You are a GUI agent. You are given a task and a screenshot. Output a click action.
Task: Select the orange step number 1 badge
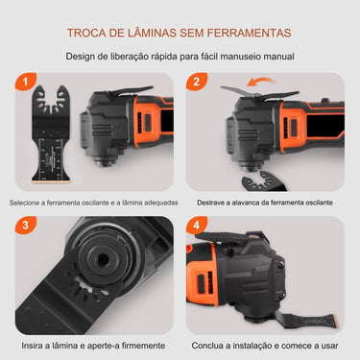(x=19, y=84)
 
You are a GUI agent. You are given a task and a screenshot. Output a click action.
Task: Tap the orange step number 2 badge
(x=197, y=84)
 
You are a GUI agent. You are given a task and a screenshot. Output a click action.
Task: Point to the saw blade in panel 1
(x=42, y=144)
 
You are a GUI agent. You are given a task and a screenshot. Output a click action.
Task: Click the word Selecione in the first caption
(x=29, y=203)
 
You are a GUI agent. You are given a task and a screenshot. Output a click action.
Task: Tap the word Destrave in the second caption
(x=215, y=203)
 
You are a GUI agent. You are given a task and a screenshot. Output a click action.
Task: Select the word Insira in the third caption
(x=36, y=345)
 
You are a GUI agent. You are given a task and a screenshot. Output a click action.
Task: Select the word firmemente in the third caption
(x=137, y=345)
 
